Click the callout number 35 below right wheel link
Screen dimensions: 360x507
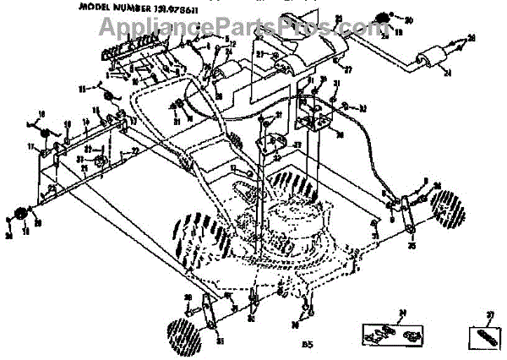[x=412, y=248]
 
